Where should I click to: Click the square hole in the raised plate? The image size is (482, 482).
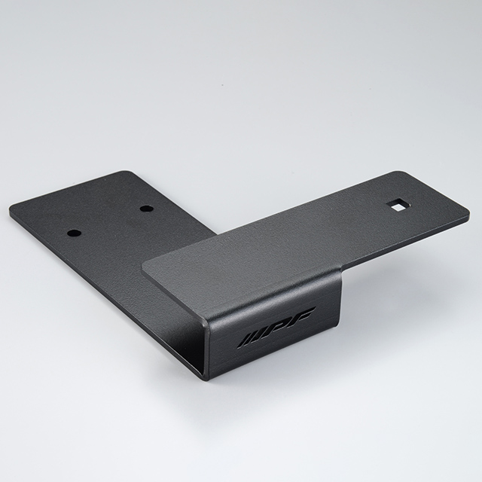coord(398,206)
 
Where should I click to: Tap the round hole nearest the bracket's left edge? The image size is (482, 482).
coord(74,233)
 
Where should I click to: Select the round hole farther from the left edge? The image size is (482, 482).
coord(147,209)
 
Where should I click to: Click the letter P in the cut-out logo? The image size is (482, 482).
coord(279,327)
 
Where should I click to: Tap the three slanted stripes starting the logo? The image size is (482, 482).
coord(251,340)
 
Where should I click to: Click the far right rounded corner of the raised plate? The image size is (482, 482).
coord(467,212)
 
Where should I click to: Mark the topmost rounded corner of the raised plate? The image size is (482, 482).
coord(400,172)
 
